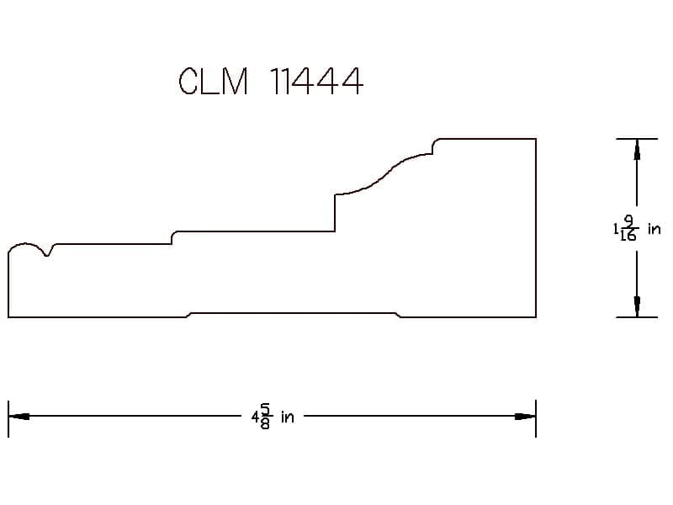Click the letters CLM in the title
tap(214, 81)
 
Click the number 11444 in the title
tap(317, 81)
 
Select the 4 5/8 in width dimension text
tap(273, 417)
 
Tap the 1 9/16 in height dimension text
tap(637, 228)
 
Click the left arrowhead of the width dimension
tap(19, 416)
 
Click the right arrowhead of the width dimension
tap(525, 416)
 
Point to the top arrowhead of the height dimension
tap(637, 150)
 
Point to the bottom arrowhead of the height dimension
tap(637, 306)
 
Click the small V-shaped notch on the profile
tap(48, 250)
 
